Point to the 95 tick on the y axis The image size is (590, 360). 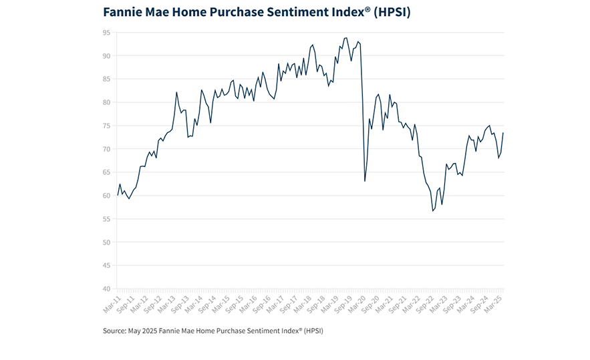tap(107, 32)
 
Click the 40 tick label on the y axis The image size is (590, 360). tap(107, 289)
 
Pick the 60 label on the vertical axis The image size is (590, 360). tap(107, 195)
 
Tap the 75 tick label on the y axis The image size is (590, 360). tap(107, 126)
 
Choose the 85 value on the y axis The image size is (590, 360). tap(107, 79)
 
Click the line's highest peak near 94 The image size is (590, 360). tap(346, 38)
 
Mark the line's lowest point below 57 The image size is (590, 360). tap(433, 211)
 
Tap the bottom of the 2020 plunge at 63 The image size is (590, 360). tap(364, 181)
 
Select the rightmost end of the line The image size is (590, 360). tap(503, 133)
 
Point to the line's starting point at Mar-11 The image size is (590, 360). tap(118, 194)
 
